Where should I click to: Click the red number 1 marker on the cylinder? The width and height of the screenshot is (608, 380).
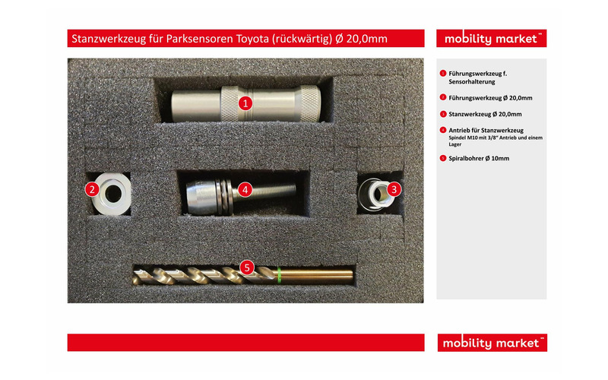click(x=245, y=103)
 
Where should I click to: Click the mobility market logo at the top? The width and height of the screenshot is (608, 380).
click(x=491, y=39)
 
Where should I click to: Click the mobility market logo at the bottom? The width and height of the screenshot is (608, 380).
click(x=491, y=343)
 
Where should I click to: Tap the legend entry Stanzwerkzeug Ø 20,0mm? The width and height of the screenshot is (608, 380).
click(x=485, y=113)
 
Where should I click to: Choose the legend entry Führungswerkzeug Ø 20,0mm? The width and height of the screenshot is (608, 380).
click(x=490, y=97)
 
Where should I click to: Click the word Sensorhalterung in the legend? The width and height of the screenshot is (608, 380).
click(x=472, y=81)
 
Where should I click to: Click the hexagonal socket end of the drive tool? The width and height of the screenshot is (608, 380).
click(x=199, y=194)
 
